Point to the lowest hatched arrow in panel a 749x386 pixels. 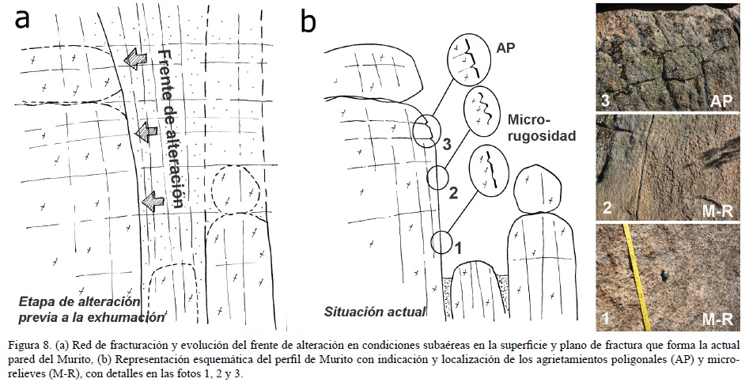[150, 204]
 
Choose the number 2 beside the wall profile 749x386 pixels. [454, 192]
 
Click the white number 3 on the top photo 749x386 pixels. [605, 100]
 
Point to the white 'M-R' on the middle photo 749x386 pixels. [720, 210]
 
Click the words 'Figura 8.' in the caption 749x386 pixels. [30, 345]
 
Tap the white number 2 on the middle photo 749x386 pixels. [605, 210]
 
